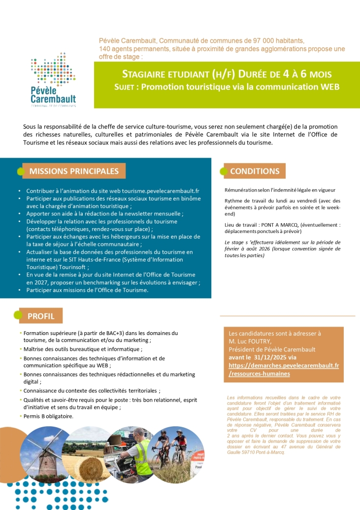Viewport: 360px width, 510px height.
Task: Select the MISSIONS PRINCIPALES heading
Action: click(74, 171)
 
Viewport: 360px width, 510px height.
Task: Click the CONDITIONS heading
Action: click(255, 171)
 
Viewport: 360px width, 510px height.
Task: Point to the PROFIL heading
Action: click(41, 316)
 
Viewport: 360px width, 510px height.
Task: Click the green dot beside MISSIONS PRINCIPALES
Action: click(21, 171)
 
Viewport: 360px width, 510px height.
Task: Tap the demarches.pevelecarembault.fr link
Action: click(284, 365)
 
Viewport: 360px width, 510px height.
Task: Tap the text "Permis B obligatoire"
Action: click(48, 416)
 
